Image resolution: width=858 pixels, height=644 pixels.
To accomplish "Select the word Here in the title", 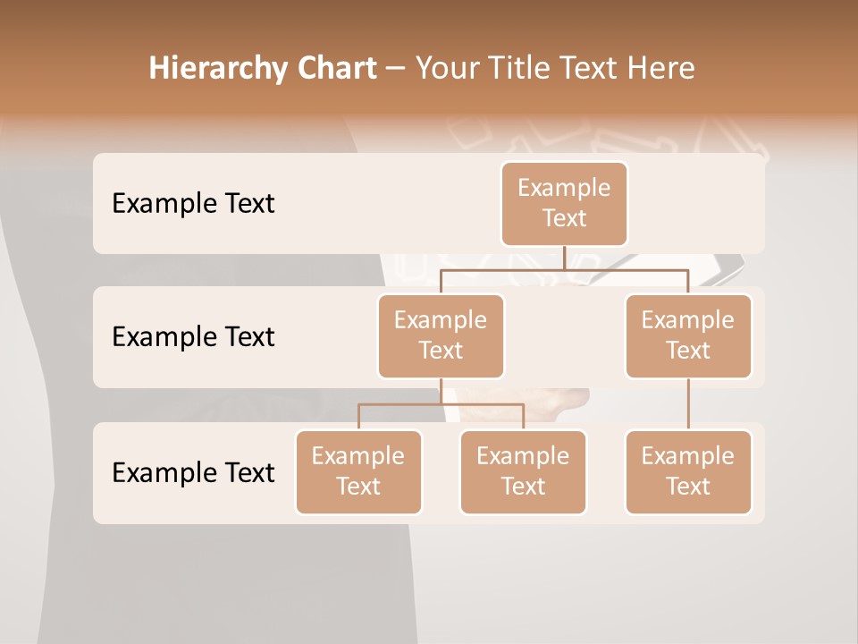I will (660, 68).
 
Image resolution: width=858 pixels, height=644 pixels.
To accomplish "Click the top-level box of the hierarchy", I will (564, 203).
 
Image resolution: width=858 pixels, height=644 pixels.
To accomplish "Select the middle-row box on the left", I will (441, 335).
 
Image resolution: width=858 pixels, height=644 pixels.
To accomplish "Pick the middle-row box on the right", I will (688, 335).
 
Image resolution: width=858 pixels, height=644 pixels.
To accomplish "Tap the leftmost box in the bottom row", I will (358, 471).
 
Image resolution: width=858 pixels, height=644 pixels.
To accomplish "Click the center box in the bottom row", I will (523, 471).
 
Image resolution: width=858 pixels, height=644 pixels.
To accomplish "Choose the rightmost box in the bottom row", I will (688, 471).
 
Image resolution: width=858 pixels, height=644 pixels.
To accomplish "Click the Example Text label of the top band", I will (193, 203).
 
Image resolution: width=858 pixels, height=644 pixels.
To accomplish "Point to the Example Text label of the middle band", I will (193, 336).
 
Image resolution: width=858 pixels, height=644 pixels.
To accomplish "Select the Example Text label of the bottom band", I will (193, 472).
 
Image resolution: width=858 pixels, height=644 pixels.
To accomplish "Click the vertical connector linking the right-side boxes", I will (688, 404).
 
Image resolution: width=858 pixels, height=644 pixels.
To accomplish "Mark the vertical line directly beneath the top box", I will (564, 258).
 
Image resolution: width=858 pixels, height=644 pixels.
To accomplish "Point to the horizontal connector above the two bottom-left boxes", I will (441, 404).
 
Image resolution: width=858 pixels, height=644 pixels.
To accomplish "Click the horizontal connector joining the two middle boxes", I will (564, 268).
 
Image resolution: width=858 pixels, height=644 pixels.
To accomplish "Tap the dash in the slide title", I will (396, 68).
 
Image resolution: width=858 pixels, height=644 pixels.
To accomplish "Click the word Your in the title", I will (448, 68).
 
